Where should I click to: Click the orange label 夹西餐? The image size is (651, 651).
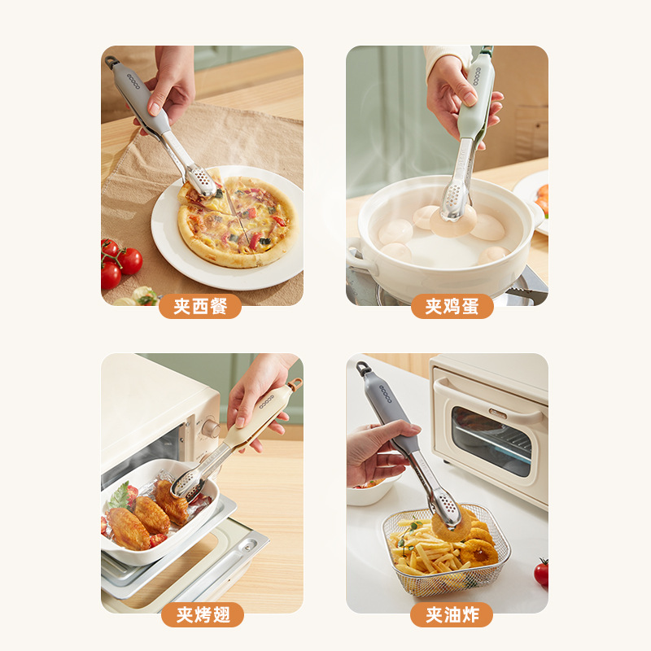(200, 307)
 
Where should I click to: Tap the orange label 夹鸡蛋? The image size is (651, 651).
(452, 307)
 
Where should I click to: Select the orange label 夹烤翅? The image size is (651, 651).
(203, 614)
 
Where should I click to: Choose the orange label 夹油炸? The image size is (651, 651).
(452, 614)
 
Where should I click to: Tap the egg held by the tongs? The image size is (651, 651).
(453, 221)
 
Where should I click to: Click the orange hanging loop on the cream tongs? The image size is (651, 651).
(295, 383)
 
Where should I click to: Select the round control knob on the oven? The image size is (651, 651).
(210, 429)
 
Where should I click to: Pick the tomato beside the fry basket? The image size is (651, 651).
(541, 573)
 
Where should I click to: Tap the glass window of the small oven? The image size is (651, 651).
(492, 441)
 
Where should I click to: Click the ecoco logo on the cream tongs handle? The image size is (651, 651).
(267, 401)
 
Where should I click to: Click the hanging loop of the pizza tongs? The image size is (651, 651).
(111, 62)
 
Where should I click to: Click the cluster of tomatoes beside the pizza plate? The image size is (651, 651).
(120, 263)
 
